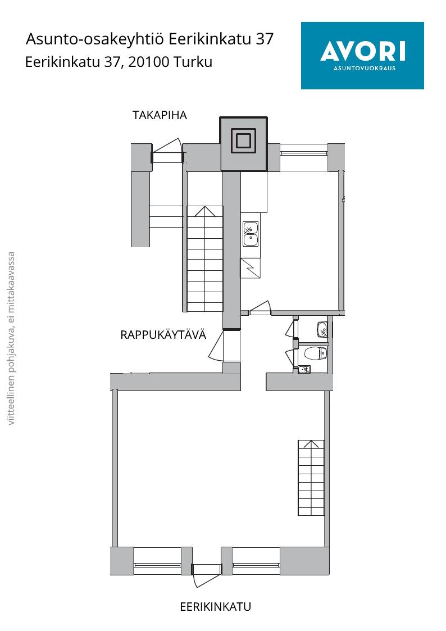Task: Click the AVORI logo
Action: click(362, 56)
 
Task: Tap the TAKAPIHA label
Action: click(160, 116)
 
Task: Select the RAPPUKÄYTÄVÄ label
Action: click(163, 335)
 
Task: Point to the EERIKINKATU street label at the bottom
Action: click(216, 606)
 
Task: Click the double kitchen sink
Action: click(250, 234)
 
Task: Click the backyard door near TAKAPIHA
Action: click(167, 151)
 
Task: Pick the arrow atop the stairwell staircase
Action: click(204, 211)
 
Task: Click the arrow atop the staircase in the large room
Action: click(311, 444)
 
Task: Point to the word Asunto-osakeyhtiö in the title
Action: click(95, 39)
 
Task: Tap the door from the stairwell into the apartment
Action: click(217, 345)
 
